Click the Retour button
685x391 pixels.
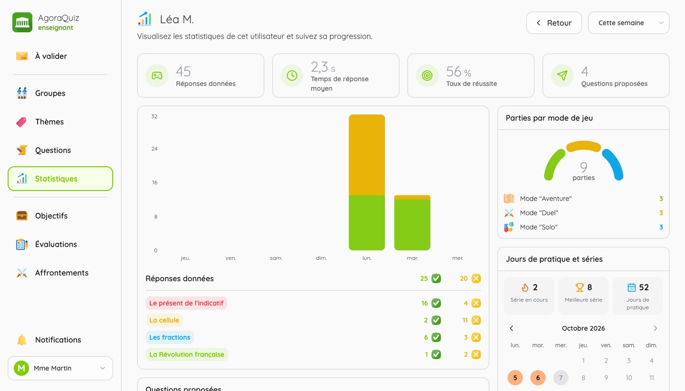tap(554, 23)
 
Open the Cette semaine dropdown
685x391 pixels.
tap(629, 23)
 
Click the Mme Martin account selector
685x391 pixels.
tap(60, 368)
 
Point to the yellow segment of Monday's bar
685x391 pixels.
tap(367, 155)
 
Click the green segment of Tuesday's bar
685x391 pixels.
tap(412, 225)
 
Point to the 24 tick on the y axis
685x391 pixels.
tap(155, 149)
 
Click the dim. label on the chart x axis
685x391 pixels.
tap(322, 258)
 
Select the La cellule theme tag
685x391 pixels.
tap(164, 320)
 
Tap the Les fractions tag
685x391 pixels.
tap(170, 337)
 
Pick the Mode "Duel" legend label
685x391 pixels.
tap(539, 213)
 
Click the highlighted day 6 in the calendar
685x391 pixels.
tap(538, 378)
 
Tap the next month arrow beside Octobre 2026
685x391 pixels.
tap(656, 328)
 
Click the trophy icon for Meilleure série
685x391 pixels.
tap(579, 287)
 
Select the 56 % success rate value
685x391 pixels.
tap(459, 72)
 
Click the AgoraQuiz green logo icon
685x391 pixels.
tap(22, 22)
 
